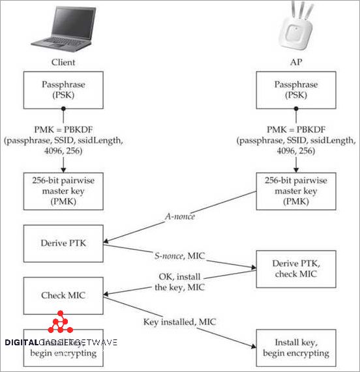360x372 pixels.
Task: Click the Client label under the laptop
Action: [x=64, y=63]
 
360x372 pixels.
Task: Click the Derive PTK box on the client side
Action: [x=64, y=244]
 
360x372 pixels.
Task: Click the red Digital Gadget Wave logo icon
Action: [x=61, y=324]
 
